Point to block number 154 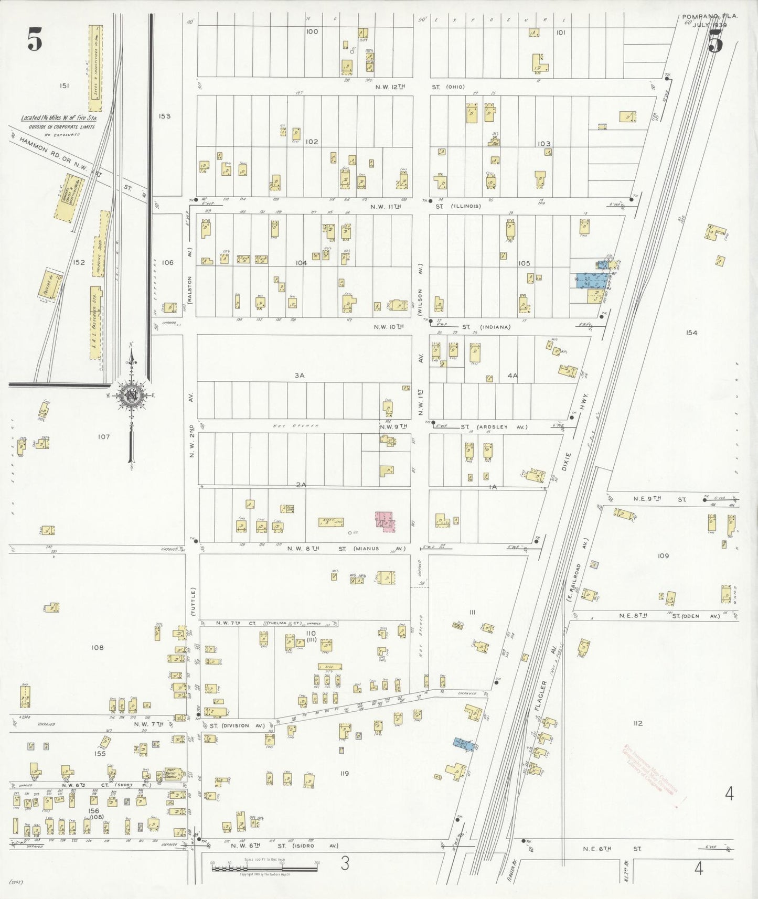tap(691, 333)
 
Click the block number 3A tap(300, 376)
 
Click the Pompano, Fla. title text tap(709, 17)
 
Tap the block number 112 tap(638, 723)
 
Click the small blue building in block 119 tap(464, 744)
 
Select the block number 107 tap(104, 436)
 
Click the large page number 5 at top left tap(35, 40)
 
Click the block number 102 tap(312, 142)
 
